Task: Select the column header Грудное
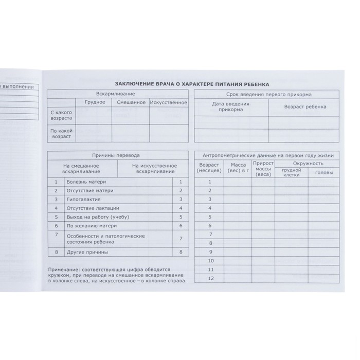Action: pos(95,102)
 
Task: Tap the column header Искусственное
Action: pos(168,102)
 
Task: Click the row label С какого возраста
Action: pos(61,115)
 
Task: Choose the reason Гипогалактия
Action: pos(84,199)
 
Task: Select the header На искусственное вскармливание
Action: pos(154,169)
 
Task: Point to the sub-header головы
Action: pos(323,173)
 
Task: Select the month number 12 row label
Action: pos(209,278)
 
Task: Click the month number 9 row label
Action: pos(209,252)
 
